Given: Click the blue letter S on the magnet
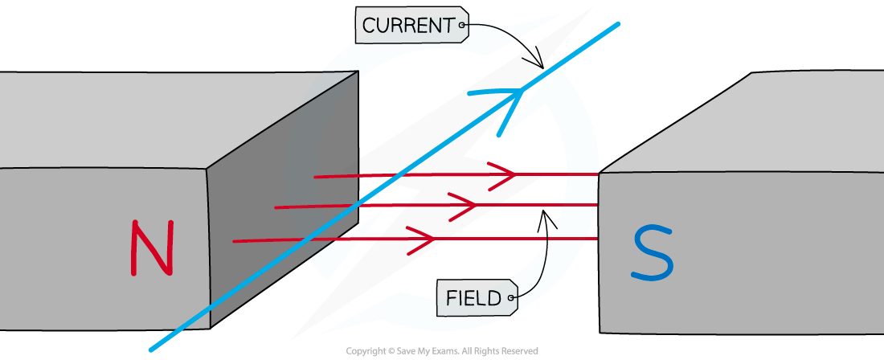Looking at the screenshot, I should coord(652,253).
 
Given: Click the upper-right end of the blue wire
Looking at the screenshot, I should coord(618,24).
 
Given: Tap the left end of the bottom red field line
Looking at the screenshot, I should coord(235,241).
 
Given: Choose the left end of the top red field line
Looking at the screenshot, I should coord(316,177).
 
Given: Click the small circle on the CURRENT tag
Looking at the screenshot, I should coord(462,25).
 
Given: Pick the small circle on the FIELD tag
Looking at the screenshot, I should coord(510,299).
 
